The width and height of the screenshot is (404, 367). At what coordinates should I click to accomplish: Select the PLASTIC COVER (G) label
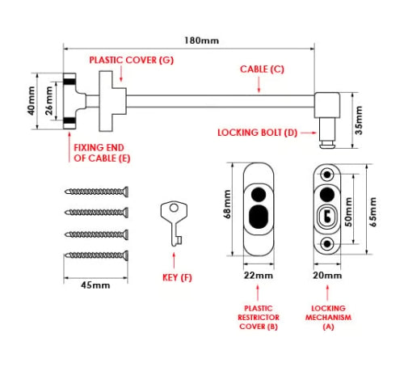[131, 60]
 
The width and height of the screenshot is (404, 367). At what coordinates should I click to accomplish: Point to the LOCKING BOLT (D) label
[259, 132]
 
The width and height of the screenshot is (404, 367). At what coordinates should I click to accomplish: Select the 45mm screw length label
[95, 285]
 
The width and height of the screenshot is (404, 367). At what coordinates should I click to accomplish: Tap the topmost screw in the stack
[96, 192]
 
